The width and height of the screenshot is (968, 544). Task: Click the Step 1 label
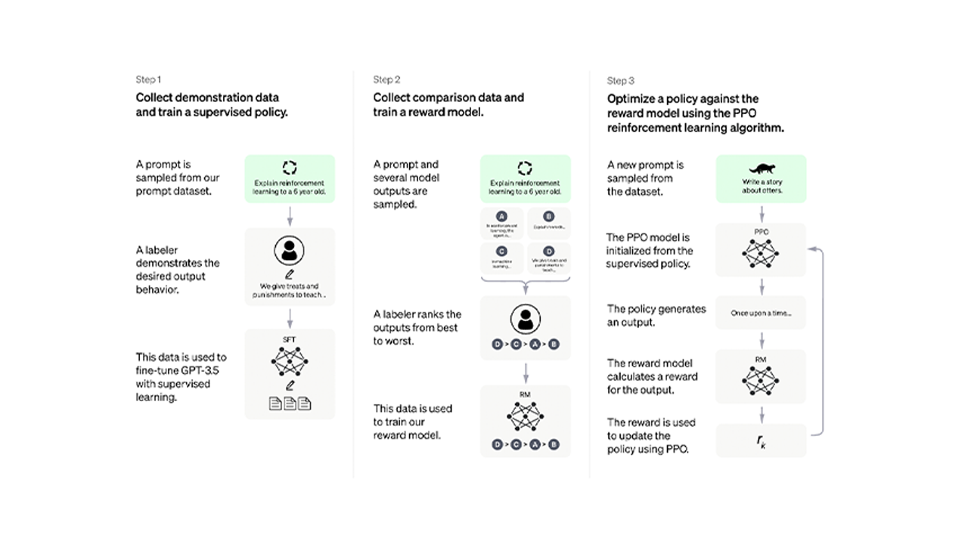(x=148, y=79)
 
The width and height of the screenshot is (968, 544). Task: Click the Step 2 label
(x=386, y=79)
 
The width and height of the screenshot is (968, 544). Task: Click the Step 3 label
(x=621, y=81)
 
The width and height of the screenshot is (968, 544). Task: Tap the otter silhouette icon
(x=761, y=169)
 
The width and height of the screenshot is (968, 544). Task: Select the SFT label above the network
(x=289, y=340)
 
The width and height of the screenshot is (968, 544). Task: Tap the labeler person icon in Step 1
(x=289, y=250)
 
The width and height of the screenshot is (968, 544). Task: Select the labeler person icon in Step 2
(x=525, y=320)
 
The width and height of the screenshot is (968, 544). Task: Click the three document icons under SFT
(x=290, y=404)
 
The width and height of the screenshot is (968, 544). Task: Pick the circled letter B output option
(x=548, y=215)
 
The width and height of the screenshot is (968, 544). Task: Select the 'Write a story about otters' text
(x=762, y=187)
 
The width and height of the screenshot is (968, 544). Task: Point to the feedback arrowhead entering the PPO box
(x=811, y=249)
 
